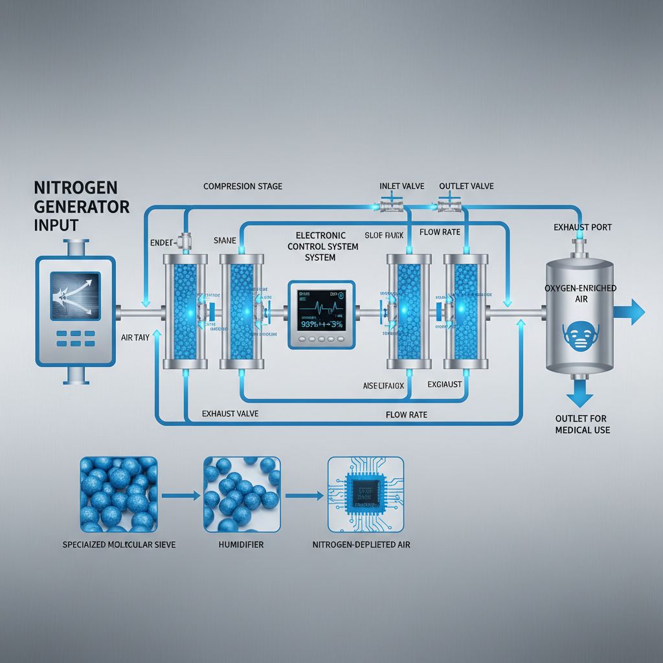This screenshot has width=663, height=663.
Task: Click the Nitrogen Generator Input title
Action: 81,207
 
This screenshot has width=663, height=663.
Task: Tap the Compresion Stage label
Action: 243,186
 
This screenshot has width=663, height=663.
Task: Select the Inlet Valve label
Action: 401,186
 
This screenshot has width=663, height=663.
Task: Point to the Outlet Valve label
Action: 466,186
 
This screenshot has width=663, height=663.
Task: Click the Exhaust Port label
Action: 583,227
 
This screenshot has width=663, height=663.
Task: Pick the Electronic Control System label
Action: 320,246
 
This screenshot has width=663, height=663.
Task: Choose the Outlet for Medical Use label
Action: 582,424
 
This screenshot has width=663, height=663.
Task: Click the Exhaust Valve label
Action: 230,413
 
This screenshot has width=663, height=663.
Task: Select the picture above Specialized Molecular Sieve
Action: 118,494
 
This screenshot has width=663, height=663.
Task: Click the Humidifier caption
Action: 242,545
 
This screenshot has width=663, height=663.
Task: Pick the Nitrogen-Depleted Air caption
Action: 361,545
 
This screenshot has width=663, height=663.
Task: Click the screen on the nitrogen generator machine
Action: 75,295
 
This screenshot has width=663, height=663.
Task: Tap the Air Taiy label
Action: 136,337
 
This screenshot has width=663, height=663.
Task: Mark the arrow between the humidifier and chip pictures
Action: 304,496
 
